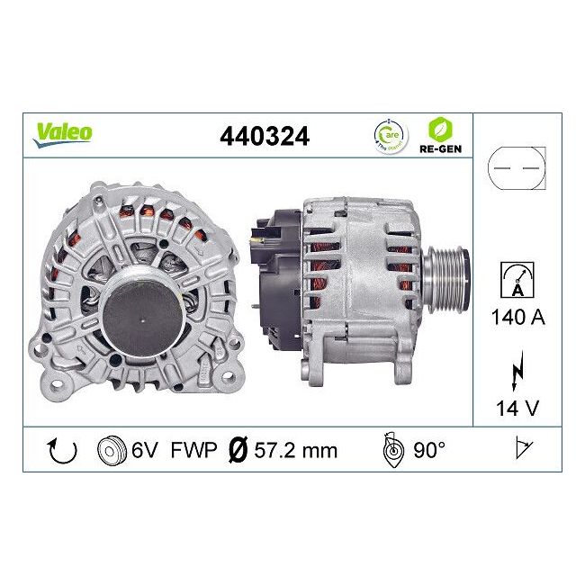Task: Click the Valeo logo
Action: tap(63, 132)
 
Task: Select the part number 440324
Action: tap(265, 136)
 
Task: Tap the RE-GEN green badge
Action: tap(441, 135)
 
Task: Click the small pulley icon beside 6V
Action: tap(110, 449)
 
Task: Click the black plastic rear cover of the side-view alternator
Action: tap(279, 270)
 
